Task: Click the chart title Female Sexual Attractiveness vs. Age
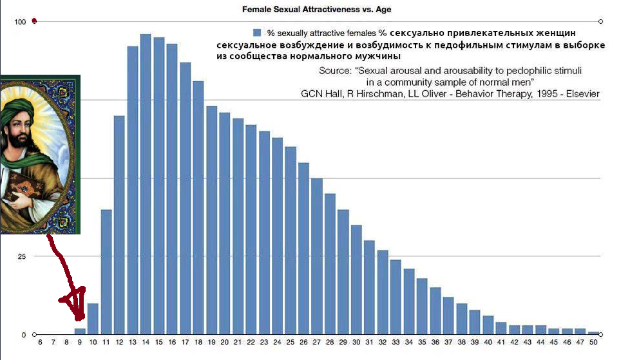click(x=316, y=10)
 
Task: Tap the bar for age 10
click(x=93, y=319)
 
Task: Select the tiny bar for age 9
click(x=80, y=332)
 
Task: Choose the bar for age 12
click(x=119, y=225)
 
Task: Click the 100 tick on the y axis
click(x=20, y=22)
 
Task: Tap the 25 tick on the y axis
click(x=22, y=257)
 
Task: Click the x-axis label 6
click(x=40, y=343)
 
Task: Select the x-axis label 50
click(x=593, y=343)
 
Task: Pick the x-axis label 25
click(x=291, y=343)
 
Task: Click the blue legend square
click(x=257, y=32)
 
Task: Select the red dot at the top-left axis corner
click(x=34, y=21)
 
